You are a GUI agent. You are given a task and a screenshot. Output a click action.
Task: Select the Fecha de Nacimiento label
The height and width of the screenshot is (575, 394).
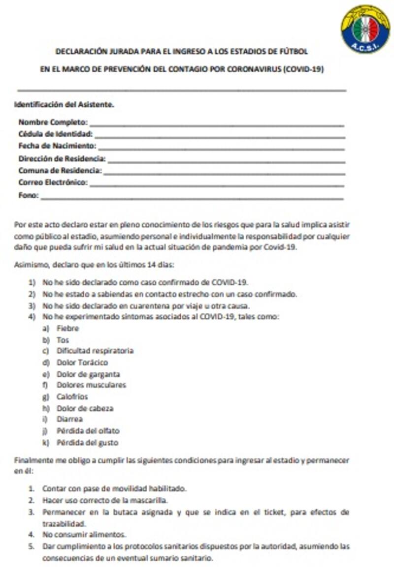57,146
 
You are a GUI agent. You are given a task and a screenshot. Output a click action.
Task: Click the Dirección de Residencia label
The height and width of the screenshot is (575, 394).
62,158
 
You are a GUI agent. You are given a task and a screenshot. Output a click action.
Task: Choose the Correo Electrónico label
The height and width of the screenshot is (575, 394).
53,182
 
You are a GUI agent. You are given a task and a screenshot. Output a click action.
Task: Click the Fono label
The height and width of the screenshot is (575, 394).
28,195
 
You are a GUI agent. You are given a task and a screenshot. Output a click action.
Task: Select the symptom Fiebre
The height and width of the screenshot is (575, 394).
67,328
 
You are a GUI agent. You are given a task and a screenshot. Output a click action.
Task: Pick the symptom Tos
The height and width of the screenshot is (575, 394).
63,340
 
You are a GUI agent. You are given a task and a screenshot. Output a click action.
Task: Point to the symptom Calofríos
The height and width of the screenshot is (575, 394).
72,396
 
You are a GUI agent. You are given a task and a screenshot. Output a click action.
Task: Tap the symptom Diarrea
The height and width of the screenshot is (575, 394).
69,419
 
